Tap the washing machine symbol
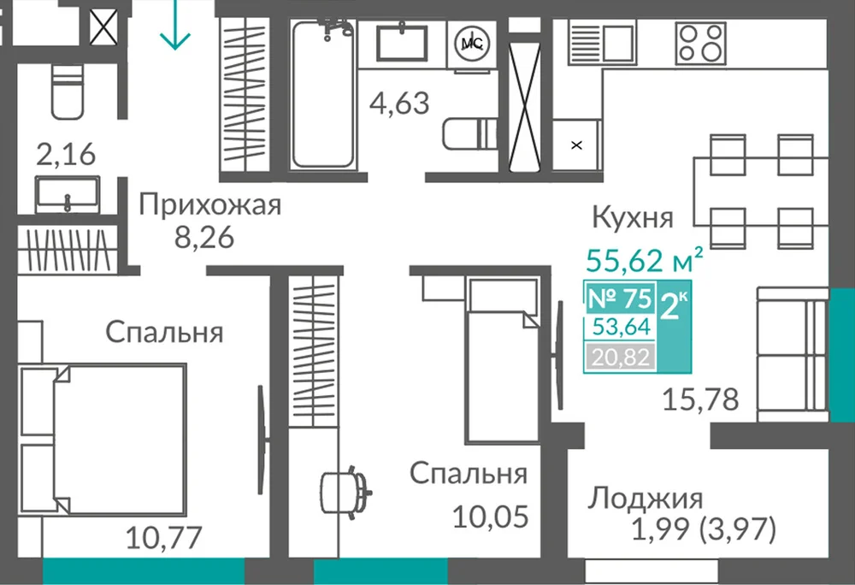[472, 44]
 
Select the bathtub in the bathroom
[323, 94]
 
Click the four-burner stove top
[701, 44]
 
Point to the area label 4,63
[399, 103]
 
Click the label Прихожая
[210, 206]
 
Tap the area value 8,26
[204, 237]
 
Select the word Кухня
[633, 217]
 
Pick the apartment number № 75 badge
[620, 298]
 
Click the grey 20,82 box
[621, 357]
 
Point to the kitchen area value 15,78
[701, 399]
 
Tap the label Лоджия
[645, 499]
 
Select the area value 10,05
[491, 517]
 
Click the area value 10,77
[164, 538]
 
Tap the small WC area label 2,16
[66, 154]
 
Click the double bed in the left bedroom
[103, 440]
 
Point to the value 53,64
[622, 327]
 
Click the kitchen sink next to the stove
[602, 43]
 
